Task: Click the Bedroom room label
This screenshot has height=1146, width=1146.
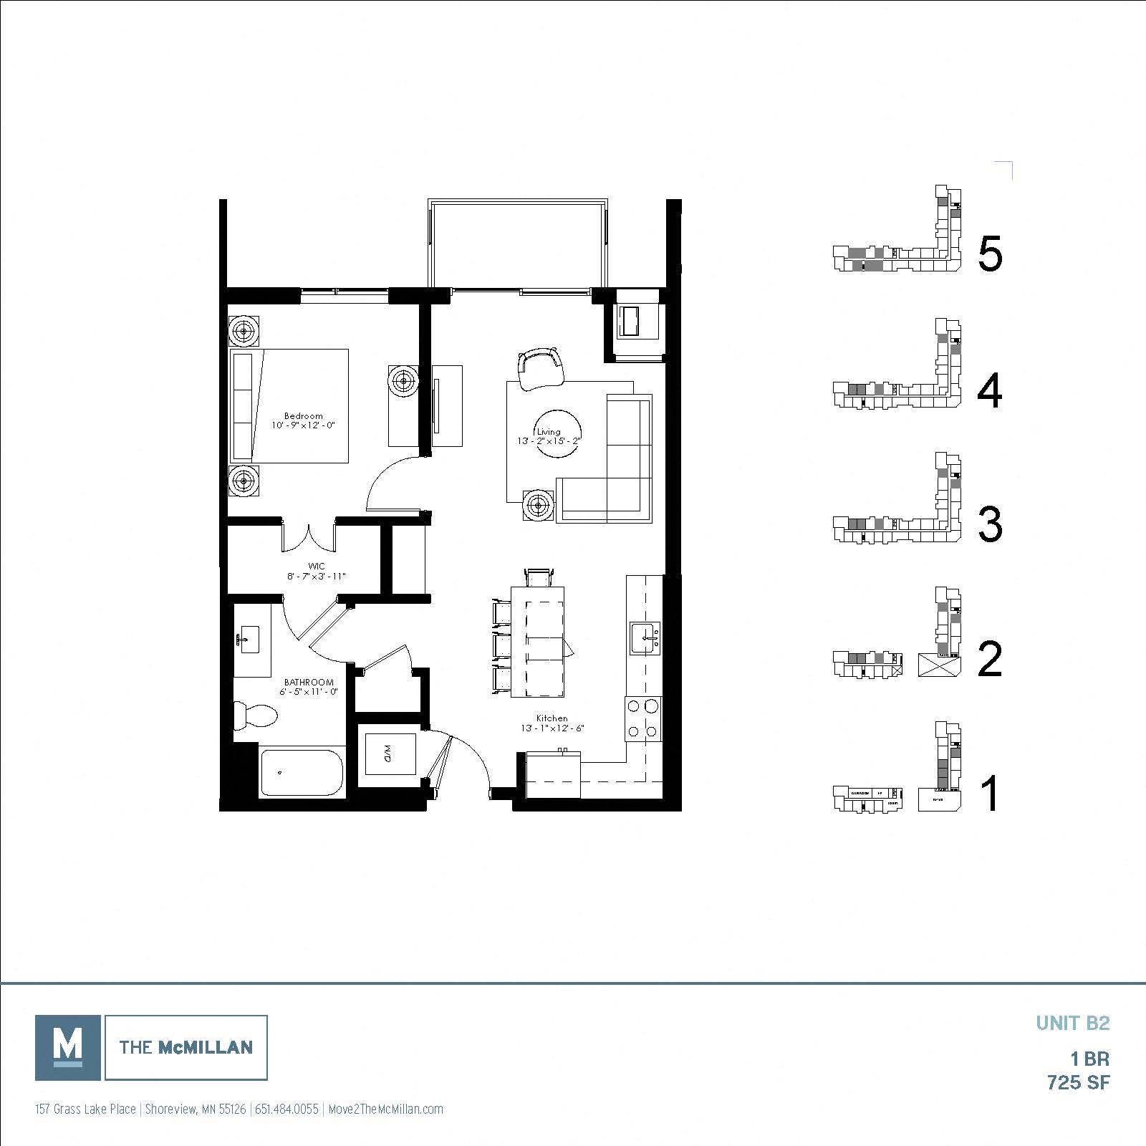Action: click(x=303, y=415)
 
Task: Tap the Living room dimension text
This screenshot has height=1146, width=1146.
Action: click(x=548, y=441)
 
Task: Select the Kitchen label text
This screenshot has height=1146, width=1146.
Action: click(x=552, y=718)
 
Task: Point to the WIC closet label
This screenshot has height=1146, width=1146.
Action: click(x=316, y=566)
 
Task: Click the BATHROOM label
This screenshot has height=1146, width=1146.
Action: click(x=309, y=682)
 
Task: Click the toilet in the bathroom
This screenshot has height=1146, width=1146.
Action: click(x=257, y=715)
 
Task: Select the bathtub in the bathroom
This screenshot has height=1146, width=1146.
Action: click(x=302, y=773)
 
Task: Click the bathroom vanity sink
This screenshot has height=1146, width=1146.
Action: click(x=250, y=638)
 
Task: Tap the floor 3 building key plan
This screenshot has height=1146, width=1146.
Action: click(x=899, y=501)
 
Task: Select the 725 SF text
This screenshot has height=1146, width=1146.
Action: click(x=1078, y=1082)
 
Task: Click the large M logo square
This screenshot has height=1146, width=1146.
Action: click(x=68, y=1047)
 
